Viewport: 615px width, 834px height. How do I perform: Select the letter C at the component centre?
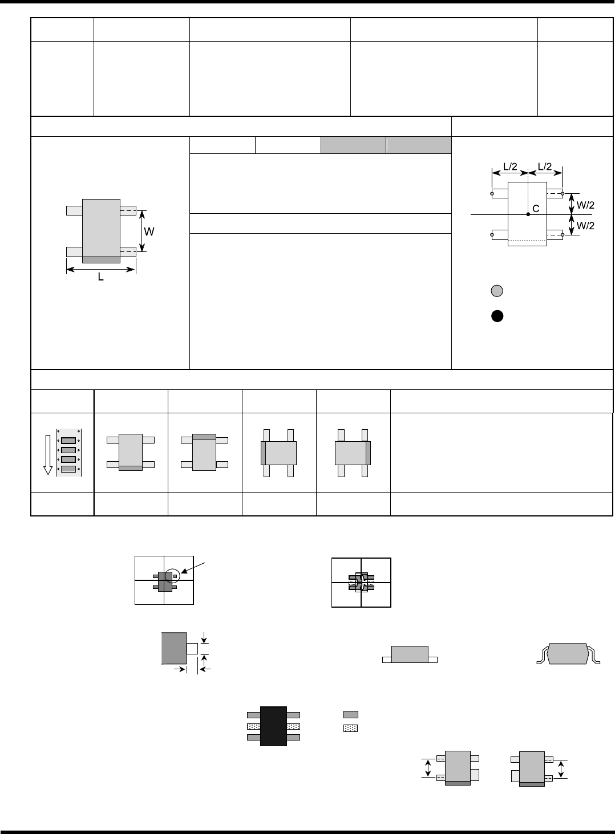(536, 209)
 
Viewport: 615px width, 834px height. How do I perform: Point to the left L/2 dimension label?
(510, 166)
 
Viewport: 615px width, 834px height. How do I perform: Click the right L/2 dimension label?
(545, 166)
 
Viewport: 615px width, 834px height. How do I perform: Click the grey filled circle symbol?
(497, 291)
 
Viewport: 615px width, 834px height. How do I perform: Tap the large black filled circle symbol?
(497, 317)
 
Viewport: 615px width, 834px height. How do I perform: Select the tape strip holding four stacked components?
(68, 452)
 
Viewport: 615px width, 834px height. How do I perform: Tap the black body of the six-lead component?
(273, 726)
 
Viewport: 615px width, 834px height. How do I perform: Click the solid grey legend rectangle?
(351, 714)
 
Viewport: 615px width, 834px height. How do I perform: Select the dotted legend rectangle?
(351, 728)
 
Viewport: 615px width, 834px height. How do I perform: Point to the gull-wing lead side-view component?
(569, 654)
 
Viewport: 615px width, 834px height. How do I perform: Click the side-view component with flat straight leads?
(410, 655)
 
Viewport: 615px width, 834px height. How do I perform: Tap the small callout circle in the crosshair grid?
(173, 576)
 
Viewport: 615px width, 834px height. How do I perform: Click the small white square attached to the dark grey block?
(192, 648)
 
